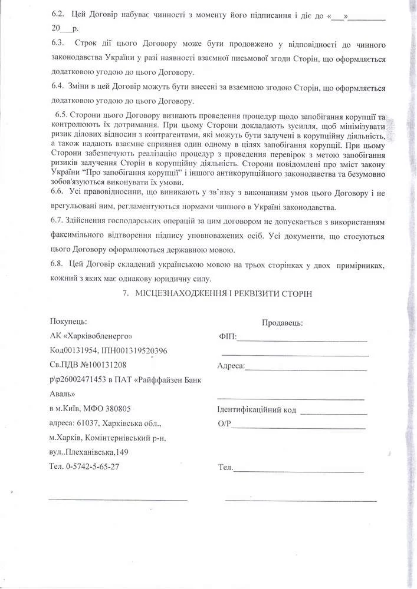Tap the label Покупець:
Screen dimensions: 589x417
[x=69, y=321]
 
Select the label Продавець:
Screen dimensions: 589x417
[x=283, y=323]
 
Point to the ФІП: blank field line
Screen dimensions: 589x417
[x=302, y=340]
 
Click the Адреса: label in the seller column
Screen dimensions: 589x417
[x=231, y=366]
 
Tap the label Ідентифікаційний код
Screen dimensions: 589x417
[x=257, y=410]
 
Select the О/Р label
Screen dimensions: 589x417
[x=224, y=424]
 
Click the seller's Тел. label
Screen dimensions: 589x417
[x=226, y=468]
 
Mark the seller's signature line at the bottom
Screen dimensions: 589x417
[x=301, y=501]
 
